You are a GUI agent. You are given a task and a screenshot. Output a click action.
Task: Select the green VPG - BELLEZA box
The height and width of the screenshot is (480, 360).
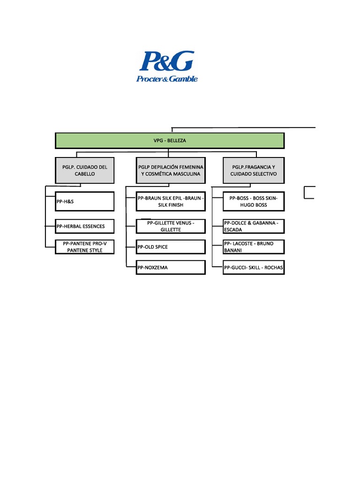click(x=170, y=141)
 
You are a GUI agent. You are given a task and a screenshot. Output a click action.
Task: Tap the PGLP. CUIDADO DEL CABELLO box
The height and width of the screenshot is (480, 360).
click(x=85, y=170)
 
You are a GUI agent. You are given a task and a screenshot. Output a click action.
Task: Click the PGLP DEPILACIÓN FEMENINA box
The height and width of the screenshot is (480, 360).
click(x=171, y=170)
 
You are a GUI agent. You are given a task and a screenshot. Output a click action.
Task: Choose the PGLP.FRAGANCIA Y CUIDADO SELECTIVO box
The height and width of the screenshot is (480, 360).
click(x=254, y=170)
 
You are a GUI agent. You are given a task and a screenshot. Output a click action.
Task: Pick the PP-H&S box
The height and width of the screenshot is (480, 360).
click(x=85, y=201)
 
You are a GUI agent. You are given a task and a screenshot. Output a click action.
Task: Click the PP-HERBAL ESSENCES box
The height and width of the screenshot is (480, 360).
click(x=85, y=226)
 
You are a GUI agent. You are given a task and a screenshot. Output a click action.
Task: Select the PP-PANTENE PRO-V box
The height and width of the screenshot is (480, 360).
click(x=85, y=247)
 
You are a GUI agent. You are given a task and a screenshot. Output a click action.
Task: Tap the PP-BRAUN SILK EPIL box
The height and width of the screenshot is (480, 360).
click(x=171, y=201)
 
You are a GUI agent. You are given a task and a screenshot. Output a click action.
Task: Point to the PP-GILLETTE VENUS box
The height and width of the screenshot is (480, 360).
click(x=171, y=226)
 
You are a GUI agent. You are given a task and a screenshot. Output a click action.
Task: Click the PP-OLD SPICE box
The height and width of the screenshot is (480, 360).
click(x=171, y=247)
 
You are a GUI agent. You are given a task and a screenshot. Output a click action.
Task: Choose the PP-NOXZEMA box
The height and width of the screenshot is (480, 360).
click(x=171, y=267)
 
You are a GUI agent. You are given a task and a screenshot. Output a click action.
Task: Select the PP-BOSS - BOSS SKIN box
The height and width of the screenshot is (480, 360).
click(x=254, y=201)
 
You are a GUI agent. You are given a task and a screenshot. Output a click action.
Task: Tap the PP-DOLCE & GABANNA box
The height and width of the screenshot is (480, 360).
click(x=254, y=226)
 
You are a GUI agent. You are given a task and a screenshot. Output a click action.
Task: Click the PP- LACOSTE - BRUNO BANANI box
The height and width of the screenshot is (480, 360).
click(x=254, y=247)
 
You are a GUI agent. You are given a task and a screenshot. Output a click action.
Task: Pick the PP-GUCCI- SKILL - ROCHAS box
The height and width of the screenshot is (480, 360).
click(x=254, y=267)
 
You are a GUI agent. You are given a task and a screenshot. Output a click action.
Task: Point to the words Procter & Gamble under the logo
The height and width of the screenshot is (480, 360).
click(x=167, y=79)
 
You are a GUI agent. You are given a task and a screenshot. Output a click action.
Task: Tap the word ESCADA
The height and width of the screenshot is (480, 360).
click(x=233, y=230)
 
